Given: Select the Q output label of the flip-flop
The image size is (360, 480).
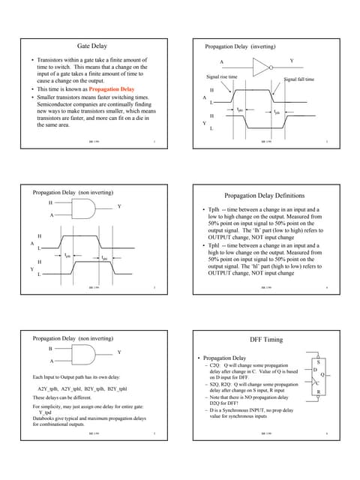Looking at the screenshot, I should pos(322,375).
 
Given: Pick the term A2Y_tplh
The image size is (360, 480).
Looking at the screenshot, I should pos(48,388).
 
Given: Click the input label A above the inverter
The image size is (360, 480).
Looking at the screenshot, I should pos(221,60).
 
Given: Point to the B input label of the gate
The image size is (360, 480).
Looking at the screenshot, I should pos(50,349).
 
